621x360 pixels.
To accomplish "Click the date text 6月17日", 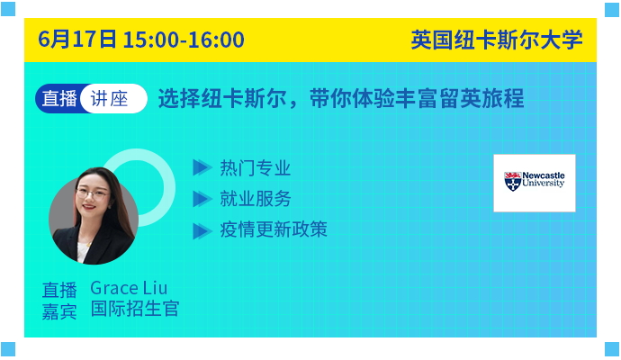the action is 77,40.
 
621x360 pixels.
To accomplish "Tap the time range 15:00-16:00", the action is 184,40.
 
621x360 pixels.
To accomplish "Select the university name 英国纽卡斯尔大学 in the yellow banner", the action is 497,40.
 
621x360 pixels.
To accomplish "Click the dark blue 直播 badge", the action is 59,99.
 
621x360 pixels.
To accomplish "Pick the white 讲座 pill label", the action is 113,99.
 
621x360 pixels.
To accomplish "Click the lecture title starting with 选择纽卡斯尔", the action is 341,99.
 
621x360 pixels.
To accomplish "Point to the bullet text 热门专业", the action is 256,168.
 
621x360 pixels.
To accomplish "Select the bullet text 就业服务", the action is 256,198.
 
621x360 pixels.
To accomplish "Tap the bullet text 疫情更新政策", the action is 274,229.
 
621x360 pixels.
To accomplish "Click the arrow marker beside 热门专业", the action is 202,167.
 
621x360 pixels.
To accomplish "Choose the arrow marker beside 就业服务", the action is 202,199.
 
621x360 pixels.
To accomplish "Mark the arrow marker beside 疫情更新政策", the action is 202,231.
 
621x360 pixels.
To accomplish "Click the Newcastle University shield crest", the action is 512,182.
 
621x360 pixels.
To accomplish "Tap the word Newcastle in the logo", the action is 544,175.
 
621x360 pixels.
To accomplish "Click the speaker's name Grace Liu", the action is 129,288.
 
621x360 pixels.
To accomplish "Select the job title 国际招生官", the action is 135,309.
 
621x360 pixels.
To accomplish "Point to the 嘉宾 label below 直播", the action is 59,311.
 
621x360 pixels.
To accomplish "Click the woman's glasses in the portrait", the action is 93,193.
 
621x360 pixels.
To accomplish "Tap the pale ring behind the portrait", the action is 166,186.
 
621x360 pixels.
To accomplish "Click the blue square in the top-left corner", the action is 8,9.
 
